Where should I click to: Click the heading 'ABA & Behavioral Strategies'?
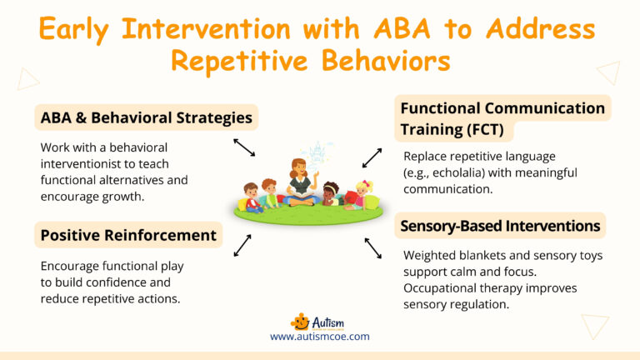pos(147,117)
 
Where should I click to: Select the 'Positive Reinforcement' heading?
pos(128,235)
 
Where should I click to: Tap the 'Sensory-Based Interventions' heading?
pos(500,226)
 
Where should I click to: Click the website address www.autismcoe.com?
pos(319,337)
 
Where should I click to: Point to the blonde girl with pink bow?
pos(364,194)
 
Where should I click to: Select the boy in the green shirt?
pos(269,192)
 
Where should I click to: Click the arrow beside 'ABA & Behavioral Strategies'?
pos(244,147)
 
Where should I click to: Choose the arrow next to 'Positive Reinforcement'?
pos(242,244)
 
